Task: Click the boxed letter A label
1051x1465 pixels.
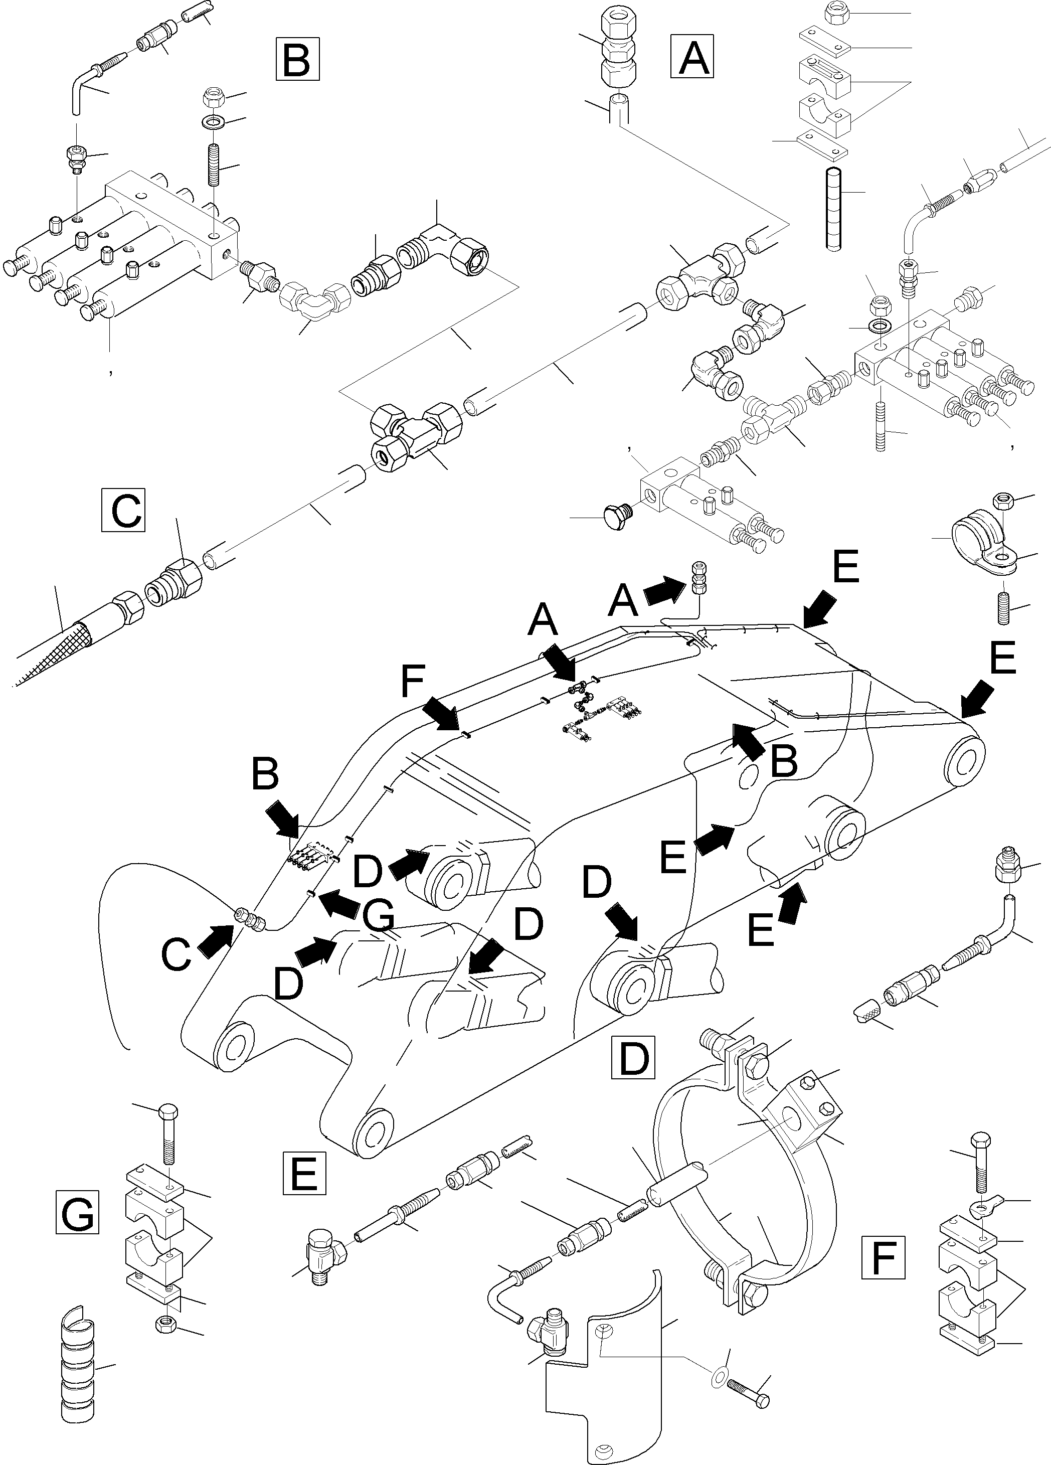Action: click(692, 57)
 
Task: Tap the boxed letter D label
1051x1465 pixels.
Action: click(632, 1057)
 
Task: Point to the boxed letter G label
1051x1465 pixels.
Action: click(77, 1212)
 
